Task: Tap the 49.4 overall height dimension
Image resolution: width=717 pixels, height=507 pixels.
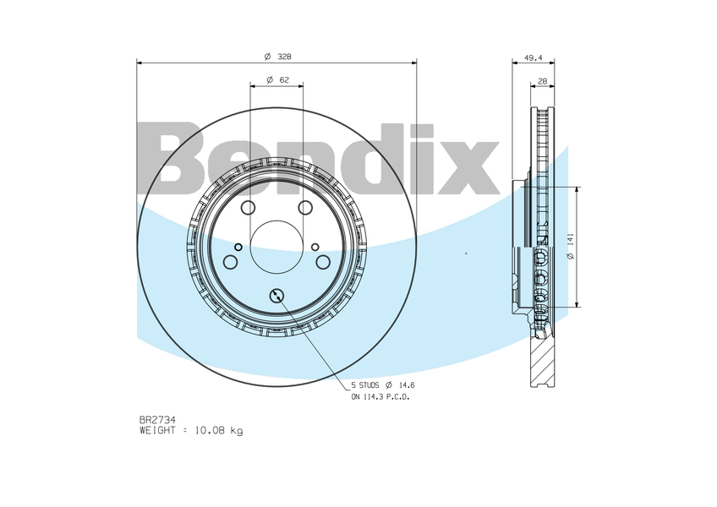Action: [x=533, y=58]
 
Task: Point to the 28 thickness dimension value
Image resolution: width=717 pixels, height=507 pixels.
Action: [x=542, y=81]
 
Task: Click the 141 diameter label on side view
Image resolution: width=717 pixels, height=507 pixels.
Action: [x=571, y=244]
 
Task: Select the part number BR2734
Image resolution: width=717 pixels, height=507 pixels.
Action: [x=156, y=419]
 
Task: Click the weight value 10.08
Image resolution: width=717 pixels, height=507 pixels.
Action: [x=211, y=431]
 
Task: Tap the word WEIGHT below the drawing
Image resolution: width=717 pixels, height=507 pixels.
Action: [x=158, y=431]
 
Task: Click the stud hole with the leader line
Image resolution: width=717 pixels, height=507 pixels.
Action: [x=277, y=295]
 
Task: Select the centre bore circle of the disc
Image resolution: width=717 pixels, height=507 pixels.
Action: [x=276, y=247]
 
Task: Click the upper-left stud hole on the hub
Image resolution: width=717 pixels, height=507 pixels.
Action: [x=248, y=209]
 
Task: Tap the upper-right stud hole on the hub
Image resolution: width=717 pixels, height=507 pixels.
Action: [x=305, y=209]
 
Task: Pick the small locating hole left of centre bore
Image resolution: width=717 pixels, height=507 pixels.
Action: [x=238, y=247]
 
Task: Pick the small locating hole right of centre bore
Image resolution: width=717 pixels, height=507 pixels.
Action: [x=315, y=247]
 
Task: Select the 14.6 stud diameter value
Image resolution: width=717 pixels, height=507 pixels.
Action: [x=407, y=384]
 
